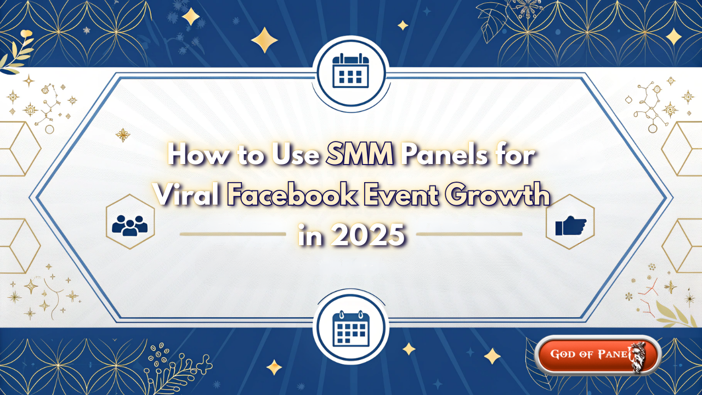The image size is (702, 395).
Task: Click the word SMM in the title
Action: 359,155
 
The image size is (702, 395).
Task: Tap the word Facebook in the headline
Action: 292,195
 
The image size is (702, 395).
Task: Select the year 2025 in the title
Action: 367,235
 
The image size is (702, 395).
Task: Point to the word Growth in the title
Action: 497,195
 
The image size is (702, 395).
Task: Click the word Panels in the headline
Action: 444,155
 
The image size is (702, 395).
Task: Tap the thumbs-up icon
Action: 570,225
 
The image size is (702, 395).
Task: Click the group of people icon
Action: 130,225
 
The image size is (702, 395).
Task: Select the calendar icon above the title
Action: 350,71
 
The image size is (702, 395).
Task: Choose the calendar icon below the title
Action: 351,328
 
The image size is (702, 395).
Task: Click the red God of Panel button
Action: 598,354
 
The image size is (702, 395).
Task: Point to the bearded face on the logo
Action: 638,357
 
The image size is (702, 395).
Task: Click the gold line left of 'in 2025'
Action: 233,234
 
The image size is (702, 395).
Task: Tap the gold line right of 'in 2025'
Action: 469,234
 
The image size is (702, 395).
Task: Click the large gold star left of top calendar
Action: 264,40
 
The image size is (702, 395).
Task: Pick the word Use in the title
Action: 296,155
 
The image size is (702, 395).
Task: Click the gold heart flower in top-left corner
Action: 26,33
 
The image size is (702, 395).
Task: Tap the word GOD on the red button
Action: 563,354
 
